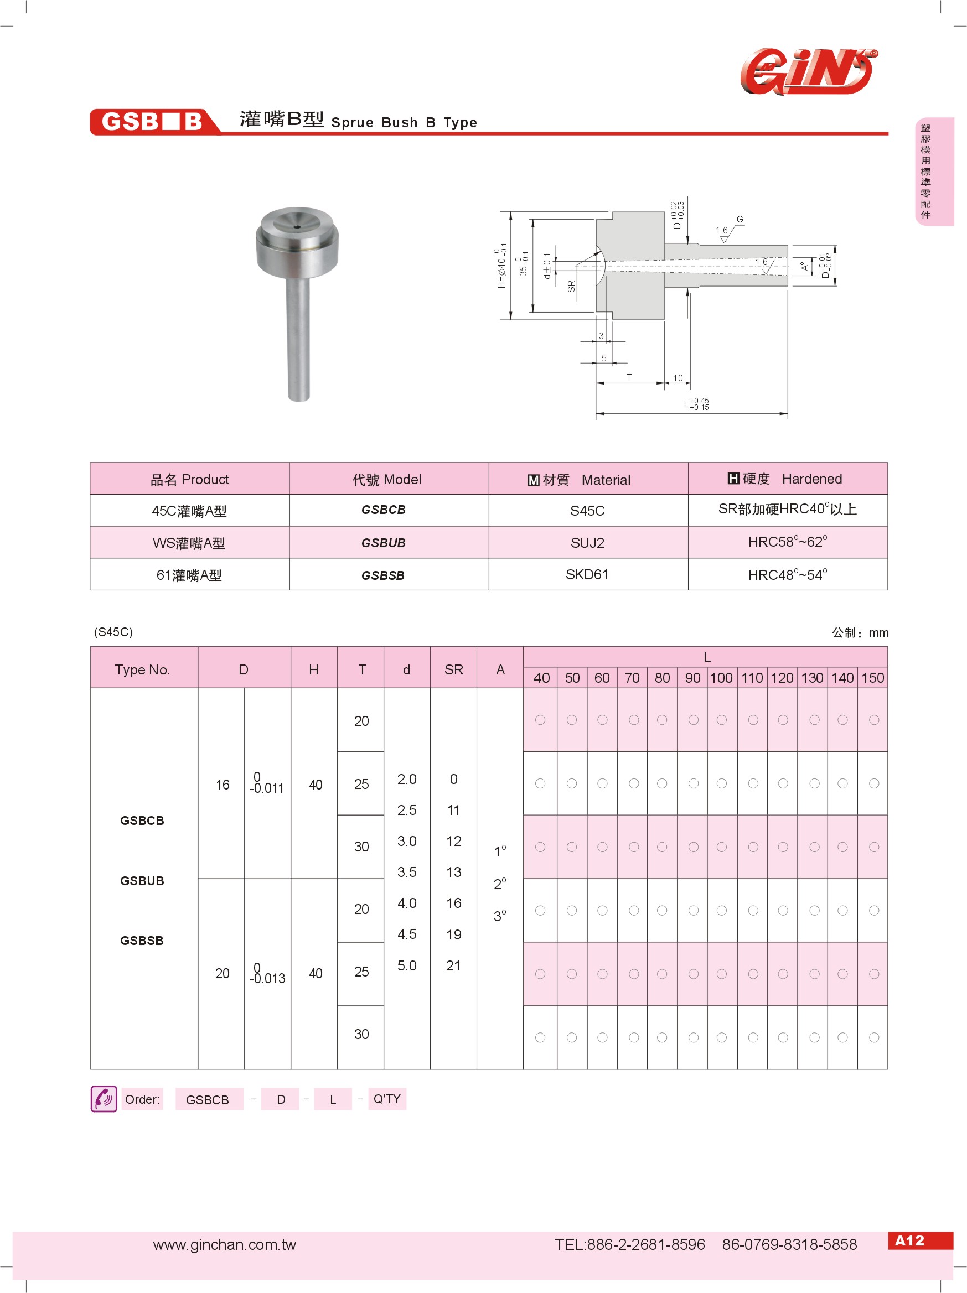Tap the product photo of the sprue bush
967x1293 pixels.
coord(298,302)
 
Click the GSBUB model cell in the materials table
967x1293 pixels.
coord(384,542)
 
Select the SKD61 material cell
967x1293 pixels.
coord(587,575)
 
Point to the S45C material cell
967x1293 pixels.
coord(587,511)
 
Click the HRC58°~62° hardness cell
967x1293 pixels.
coord(787,542)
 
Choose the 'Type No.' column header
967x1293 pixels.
coord(142,669)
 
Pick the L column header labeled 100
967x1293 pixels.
coord(721,678)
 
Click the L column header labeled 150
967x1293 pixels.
coord(872,678)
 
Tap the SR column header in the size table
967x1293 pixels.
coord(454,669)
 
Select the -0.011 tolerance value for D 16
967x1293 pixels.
coord(267,787)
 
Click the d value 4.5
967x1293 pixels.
coord(407,934)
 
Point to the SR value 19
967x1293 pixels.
coord(454,934)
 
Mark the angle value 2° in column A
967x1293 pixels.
coord(499,884)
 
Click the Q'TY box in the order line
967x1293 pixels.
coord(387,1099)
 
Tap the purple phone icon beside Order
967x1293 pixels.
coord(104,1099)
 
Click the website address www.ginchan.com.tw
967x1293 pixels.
coord(225,1244)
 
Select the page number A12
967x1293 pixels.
coord(909,1240)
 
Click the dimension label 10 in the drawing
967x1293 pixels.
coord(678,378)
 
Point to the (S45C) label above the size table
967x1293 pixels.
coord(113,632)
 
